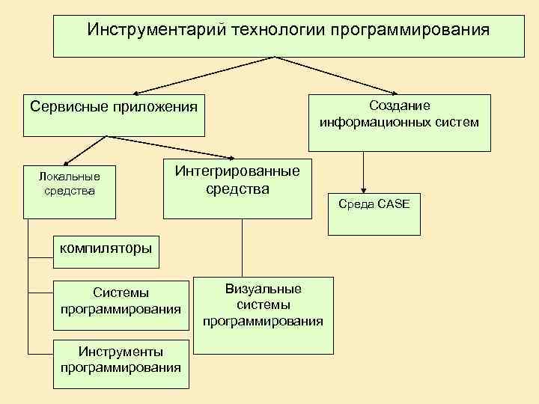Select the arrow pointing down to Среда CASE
(x=363, y=172)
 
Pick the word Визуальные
(x=263, y=289)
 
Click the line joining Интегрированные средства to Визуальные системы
(x=241, y=247)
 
